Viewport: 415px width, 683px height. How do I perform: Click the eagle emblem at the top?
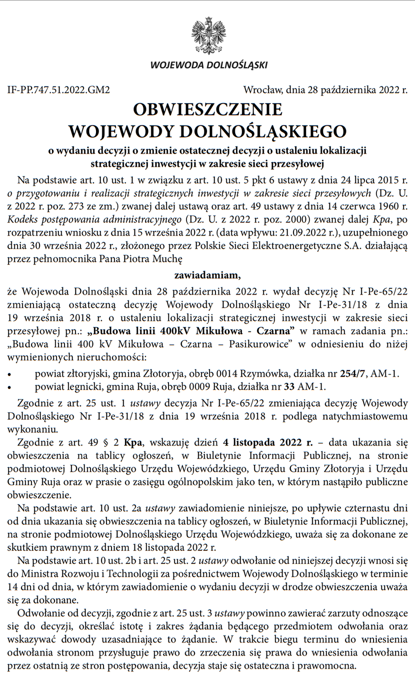(x=208, y=35)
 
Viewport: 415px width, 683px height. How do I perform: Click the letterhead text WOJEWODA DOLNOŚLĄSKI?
(x=208, y=65)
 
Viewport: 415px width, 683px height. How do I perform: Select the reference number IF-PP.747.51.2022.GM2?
(x=58, y=91)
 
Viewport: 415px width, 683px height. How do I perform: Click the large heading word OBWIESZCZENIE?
(x=207, y=110)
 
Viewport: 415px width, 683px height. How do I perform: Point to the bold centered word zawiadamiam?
(x=207, y=274)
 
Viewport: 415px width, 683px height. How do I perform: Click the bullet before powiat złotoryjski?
(x=10, y=375)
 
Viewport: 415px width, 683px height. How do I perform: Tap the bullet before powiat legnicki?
(x=10, y=387)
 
